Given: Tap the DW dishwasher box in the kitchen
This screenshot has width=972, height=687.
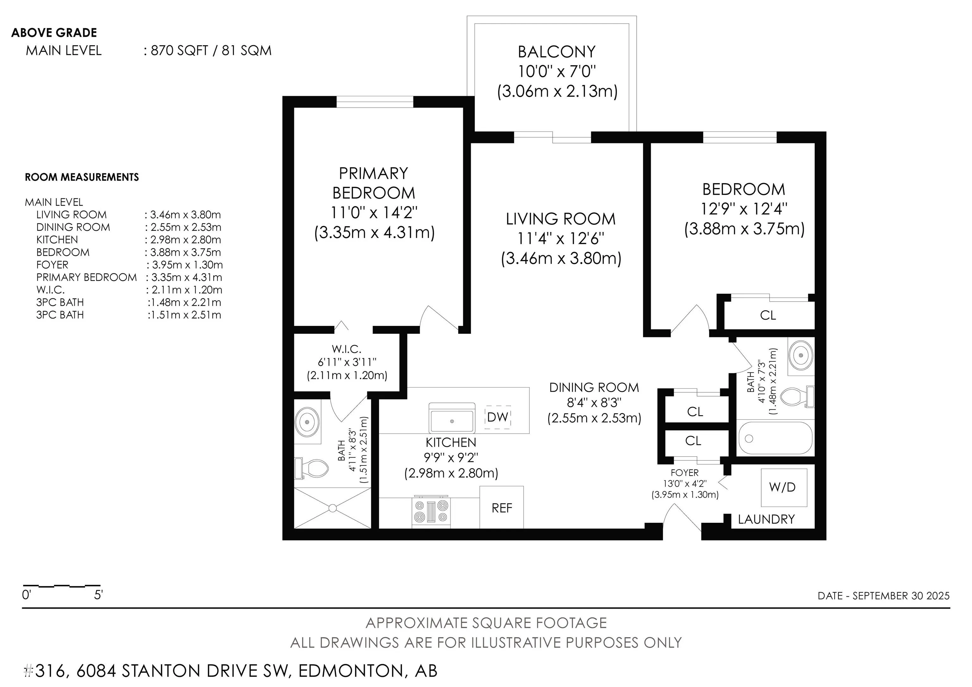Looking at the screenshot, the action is pos(498,417).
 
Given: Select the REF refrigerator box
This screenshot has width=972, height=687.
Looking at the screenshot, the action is pos(502,507).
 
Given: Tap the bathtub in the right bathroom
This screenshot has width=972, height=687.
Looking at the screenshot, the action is pos(776,438).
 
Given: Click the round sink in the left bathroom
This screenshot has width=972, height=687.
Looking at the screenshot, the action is pos(307,421).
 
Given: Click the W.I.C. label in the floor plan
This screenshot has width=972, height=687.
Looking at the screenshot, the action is pos(346,349).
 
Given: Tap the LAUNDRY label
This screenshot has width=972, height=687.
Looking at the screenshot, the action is pos(766,519).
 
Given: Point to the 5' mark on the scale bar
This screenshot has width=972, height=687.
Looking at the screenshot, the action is pos(98,595).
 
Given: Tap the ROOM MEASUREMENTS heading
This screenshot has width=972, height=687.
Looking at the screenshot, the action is pos(82,177).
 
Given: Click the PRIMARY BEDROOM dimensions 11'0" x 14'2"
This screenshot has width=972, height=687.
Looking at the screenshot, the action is pos(374,212).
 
